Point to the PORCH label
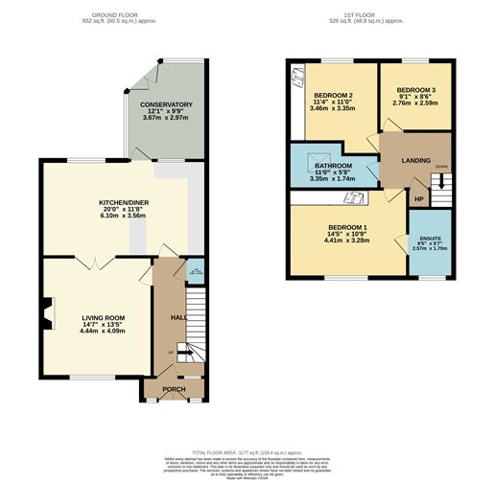[x=174, y=388]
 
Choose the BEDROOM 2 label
[x=333, y=96]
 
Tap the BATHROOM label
[x=334, y=166]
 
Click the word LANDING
[x=415, y=160]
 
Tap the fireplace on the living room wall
[x=45, y=309]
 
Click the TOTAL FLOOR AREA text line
[x=247, y=450]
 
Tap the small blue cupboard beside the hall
[x=195, y=271]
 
